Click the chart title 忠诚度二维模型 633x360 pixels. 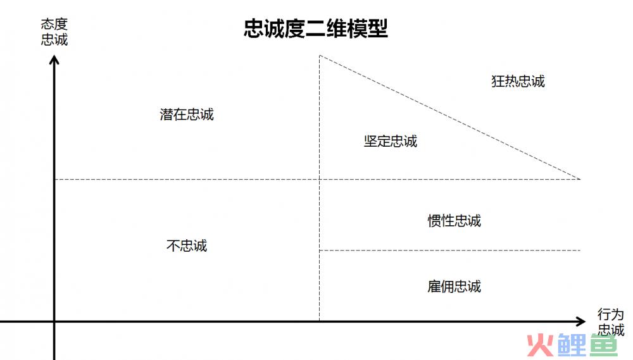click(316, 28)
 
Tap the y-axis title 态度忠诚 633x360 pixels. click(54, 32)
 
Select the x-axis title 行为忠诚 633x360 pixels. click(611, 321)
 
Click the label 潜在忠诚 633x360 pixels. click(187, 115)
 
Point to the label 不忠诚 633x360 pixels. click(187, 245)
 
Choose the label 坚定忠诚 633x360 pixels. click(391, 141)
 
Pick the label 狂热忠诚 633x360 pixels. click(518, 81)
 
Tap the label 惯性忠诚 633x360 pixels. click(454, 221)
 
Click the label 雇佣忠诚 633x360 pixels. click(454, 287)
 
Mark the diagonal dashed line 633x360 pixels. click(449, 117)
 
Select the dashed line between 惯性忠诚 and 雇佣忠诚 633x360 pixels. click(449, 251)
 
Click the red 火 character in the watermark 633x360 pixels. click(540, 345)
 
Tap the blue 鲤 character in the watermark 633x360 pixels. click(572, 345)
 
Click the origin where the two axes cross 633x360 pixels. click(54, 321)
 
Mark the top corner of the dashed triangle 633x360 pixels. click(319, 55)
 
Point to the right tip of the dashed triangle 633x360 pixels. click(580, 179)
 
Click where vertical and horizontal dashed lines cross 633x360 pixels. click(319, 179)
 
